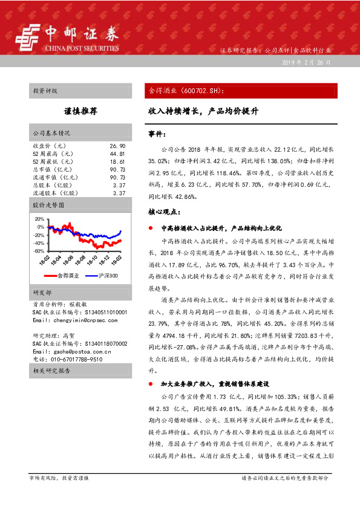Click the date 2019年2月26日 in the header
coord(306,63)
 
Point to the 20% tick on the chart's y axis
coord(40,218)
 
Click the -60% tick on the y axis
coord(39,251)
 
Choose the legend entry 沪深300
coord(107,276)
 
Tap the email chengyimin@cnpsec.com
coord(76,320)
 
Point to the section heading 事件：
coord(157,133)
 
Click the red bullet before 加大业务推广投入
coord(151,384)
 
